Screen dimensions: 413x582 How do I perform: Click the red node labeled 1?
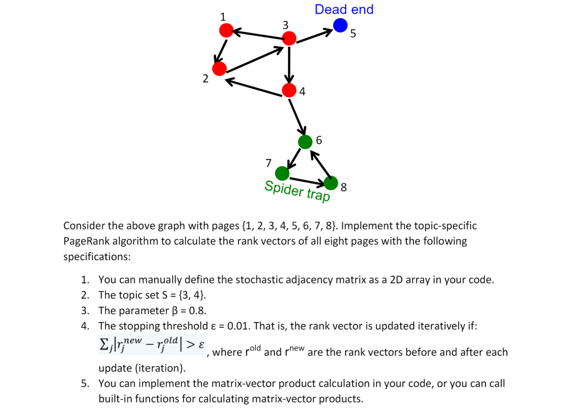226,30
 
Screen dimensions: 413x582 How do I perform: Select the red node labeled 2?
219,69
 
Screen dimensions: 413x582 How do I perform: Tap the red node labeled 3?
289,39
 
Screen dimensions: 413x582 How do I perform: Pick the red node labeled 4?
289,90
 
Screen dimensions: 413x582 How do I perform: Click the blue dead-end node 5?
340,25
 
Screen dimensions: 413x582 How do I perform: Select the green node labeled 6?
305,141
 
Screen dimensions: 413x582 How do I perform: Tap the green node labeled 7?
282,172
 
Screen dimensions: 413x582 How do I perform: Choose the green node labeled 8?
331,183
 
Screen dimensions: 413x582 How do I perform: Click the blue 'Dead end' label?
344,9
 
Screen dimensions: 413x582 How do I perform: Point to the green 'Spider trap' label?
297,191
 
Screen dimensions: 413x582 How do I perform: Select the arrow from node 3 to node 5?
314,34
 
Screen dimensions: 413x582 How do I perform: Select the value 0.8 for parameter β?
197,311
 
